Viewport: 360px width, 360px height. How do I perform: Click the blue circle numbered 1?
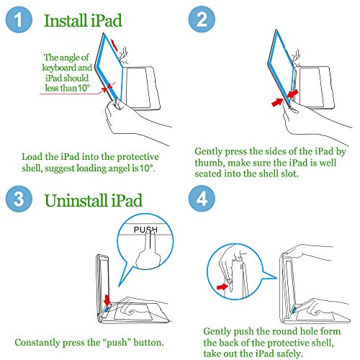pos(19,19)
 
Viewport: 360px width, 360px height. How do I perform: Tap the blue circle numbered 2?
pos(202,19)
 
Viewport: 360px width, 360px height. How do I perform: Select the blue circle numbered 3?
pos(19,199)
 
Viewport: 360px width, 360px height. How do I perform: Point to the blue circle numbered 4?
pos(202,199)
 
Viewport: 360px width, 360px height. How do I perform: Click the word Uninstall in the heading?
pos(76,200)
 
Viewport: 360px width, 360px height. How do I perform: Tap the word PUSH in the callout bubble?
pos(145,230)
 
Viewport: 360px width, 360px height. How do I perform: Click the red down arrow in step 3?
pos(107,300)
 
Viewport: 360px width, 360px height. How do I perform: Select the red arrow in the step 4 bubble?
pos(222,287)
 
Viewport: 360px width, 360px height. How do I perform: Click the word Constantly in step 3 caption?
pos(37,343)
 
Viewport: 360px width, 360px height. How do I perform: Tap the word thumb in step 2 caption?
pos(210,163)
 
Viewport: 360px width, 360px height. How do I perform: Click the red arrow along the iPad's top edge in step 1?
pos(114,45)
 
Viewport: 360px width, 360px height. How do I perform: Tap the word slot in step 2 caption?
pos(289,174)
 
